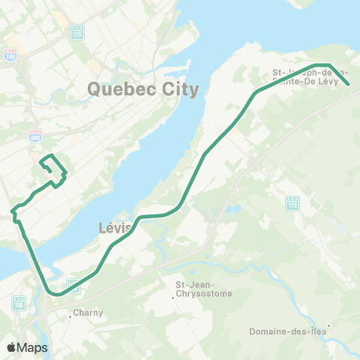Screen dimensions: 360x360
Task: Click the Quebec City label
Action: (x=143, y=89)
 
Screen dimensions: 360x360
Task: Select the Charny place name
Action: (x=87, y=313)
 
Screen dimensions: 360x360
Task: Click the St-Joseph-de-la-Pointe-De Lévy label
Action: (x=310, y=77)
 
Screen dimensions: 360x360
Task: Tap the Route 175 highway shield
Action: (x=79, y=32)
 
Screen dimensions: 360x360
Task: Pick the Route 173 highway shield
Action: (x=292, y=203)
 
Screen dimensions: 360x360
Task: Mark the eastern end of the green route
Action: (x=350, y=85)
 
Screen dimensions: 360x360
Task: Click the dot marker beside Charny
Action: (x=70, y=316)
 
